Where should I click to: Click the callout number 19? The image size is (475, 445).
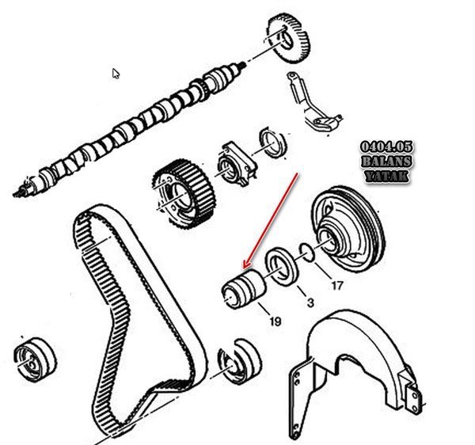click(x=275, y=321)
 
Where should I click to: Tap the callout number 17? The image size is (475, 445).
click(x=337, y=285)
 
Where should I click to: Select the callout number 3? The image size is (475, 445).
click(x=310, y=302)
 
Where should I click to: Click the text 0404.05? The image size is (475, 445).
click(x=386, y=147)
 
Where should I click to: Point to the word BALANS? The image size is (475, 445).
click(x=386, y=162)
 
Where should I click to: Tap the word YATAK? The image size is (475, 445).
click(x=386, y=176)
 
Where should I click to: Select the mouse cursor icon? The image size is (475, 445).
click(x=116, y=74)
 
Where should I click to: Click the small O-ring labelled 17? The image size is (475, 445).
click(x=307, y=253)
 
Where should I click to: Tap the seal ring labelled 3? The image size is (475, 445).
click(x=282, y=267)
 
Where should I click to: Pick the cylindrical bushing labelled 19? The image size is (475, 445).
click(x=244, y=289)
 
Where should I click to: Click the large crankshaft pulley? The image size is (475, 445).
click(x=348, y=230)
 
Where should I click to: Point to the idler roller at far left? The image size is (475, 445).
click(x=35, y=359)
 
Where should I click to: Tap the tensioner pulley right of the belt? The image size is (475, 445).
click(x=239, y=361)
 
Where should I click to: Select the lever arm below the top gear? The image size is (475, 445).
click(x=313, y=103)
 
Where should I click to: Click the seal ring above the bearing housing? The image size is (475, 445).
click(x=274, y=143)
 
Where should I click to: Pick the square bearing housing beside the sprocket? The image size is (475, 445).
click(x=237, y=164)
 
